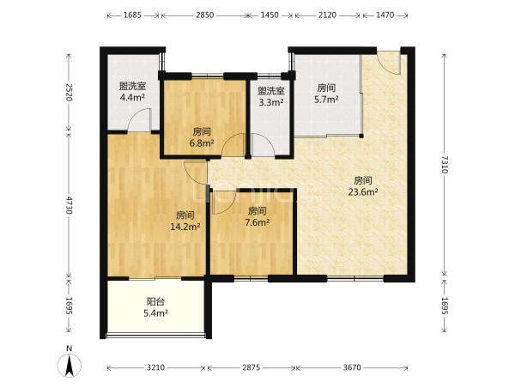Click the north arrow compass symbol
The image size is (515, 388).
click(x=70, y=365)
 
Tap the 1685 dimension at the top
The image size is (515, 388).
click(x=133, y=15)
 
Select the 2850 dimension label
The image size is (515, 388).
click(x=205, y=15)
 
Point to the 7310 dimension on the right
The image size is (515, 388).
click(x=444, y=164)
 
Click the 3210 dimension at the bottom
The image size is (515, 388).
click(x=155, y=367)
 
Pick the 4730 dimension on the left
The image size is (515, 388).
click(x=69, y=204)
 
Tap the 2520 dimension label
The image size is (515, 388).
click(x=69, y=93)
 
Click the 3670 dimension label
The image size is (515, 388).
click(x=352, y=367)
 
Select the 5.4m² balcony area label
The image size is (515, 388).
click(x=155, y=313)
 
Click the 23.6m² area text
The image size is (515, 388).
click(x=363, y=192)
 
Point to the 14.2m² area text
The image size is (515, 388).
click(x=185, y=227)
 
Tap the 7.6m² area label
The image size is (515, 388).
click(x=257, y=222)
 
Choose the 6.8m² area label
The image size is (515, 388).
click(x=202, y=143)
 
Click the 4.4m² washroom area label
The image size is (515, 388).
click(x=132, y=97)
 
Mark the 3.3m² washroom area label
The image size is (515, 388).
click(x=271, y=102)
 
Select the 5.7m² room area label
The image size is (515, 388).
click(x=326, y=100)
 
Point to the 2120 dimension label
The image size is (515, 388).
click(x=327, y=15)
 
